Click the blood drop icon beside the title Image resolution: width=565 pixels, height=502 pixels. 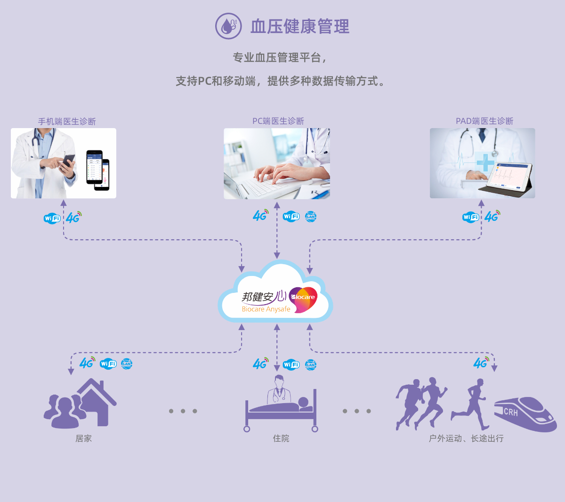click(x=228, y=26)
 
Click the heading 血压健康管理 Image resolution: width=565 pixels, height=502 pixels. click(x=300, y=26)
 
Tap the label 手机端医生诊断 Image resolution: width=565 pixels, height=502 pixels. click(x=67, y=121)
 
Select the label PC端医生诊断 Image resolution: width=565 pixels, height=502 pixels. click(x=278, y=121)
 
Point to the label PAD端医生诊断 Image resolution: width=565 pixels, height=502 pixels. click(x=484, y=121)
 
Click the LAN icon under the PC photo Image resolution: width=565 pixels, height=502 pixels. click(x=311, y=217)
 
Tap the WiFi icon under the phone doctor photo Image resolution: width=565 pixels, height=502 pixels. click(x=52, y=218)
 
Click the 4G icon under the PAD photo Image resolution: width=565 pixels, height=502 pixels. click(x=492, y=216)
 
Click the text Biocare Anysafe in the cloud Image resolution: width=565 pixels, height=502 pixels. click(x=266, y=309)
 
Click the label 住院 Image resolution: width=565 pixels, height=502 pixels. click(x=281, y=438)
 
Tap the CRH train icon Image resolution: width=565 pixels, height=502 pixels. click(x=525, y=414)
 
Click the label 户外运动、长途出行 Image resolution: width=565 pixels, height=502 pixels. click(x=466, y=438)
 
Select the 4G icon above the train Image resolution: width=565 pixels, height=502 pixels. click(x=481, y=363)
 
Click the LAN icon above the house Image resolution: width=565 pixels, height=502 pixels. click(x=127, y=364)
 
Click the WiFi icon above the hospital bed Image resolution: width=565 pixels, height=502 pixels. click(x=291, y=364)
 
